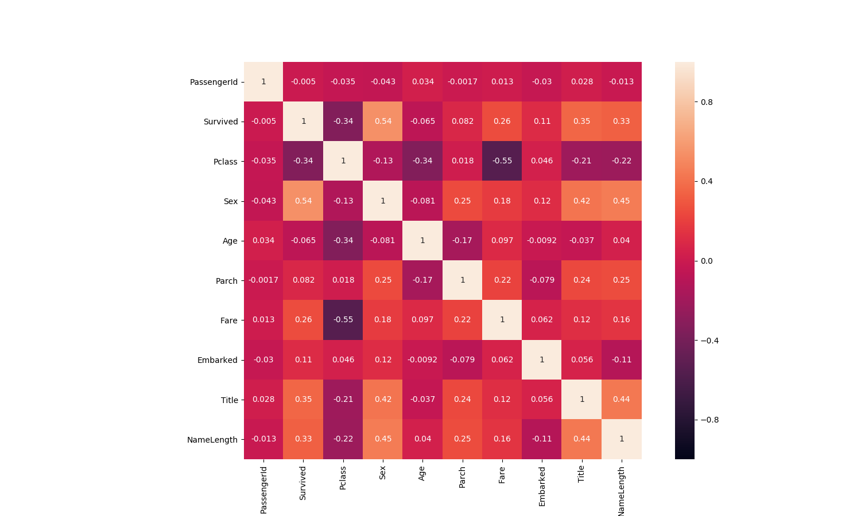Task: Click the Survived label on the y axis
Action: (220, 122)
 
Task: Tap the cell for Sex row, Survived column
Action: (304, 201)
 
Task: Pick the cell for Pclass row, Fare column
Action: (502, 161)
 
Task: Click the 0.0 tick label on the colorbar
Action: (707, 261)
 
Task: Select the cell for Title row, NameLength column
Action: (622, 400)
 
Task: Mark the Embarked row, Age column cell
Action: (422, 360)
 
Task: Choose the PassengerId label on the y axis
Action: (214, 82)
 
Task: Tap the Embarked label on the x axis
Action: (542, 486)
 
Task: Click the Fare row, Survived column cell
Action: (304, 320)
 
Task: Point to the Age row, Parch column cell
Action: (463, 241)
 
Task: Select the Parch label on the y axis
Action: (226, 281)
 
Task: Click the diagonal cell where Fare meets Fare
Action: (502, 320)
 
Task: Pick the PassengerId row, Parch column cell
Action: (463, 82)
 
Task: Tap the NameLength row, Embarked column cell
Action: (542, 439)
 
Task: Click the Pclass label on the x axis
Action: (343, 478)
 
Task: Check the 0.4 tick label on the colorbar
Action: (707, 181)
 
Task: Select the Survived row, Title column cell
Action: (582, 122)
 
